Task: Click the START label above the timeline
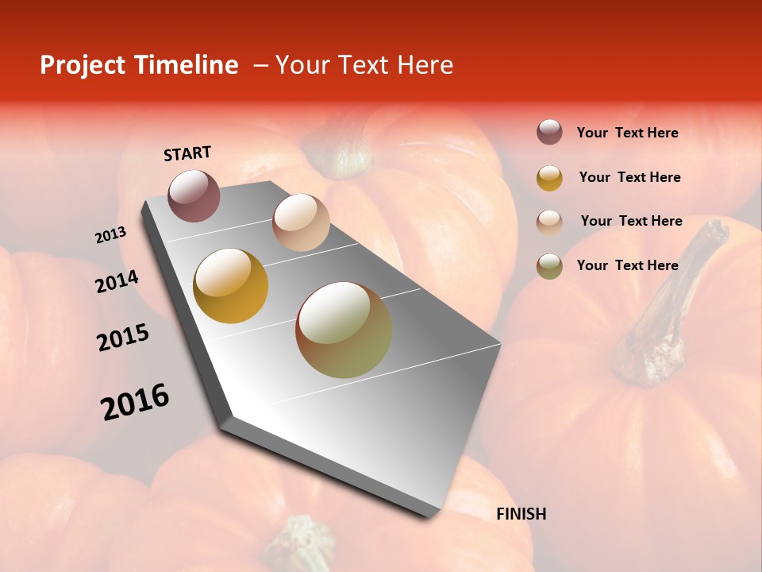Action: click(187, 153)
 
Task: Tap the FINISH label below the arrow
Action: click(521, 514)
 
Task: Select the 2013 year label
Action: click(111, 235)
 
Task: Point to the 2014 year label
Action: click(117, 281)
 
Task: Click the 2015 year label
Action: click(123, 338)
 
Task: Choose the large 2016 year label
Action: click(135, 402)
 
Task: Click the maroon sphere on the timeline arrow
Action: click(194, 195)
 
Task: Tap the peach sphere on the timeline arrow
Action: click(301, 222)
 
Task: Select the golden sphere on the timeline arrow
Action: click(231, 286)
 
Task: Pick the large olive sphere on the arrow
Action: click(344, 330)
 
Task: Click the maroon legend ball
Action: click(549, 133)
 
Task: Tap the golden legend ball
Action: click(549, 178)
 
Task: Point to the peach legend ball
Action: click(549, 222)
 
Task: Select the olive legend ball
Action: click(549, 266)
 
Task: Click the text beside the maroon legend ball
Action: click(627, 133)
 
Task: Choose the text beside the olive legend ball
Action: click(627, 265)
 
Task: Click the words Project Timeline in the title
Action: click(139, 65)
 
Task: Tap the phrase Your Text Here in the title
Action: click(364, 65)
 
